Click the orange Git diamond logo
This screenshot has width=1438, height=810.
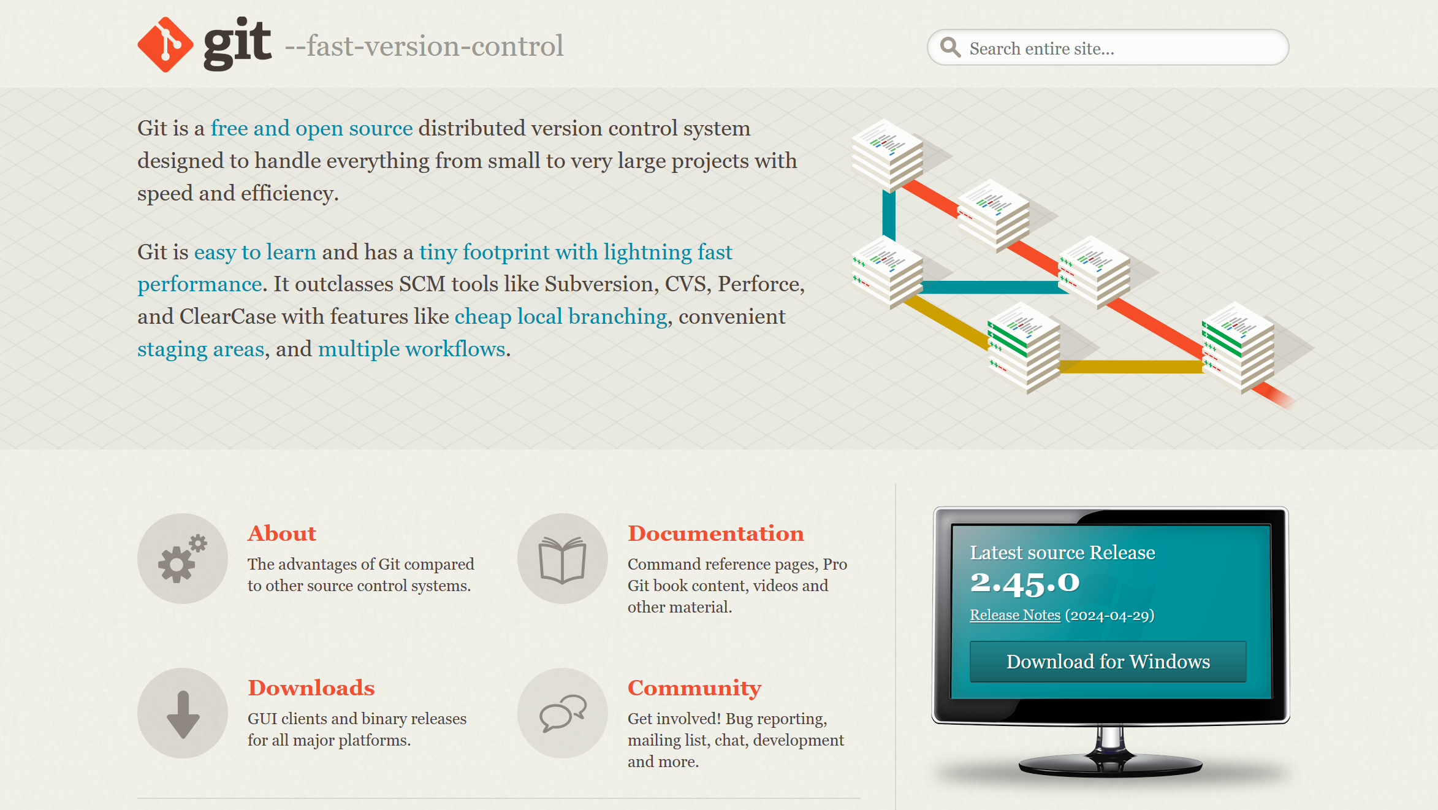(165, 45)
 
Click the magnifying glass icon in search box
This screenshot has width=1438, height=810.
(950, 47)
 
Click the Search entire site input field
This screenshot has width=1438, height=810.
(1108, 47)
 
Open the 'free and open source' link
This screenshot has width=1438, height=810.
(311, 128)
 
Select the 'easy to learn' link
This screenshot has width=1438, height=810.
(255, 252)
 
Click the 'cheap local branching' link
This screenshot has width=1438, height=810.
(560, 316)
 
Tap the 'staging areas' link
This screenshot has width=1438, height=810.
(200, 349)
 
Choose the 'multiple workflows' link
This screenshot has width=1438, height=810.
(411, 349)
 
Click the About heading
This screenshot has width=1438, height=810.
(282, 533)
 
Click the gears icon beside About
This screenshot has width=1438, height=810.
(183, 559)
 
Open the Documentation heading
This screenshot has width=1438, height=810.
(715, 533)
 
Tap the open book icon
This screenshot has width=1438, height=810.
(563, 559)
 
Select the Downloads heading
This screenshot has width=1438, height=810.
(311, 688)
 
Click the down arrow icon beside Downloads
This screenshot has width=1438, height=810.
(183, 713)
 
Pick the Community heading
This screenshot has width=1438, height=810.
(694, 689)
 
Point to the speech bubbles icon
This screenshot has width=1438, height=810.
(563, 713)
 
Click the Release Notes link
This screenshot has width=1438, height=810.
(1015, 615)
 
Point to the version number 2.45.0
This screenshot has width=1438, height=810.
(1025, 583)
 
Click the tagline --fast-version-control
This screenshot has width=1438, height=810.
(424, 46)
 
